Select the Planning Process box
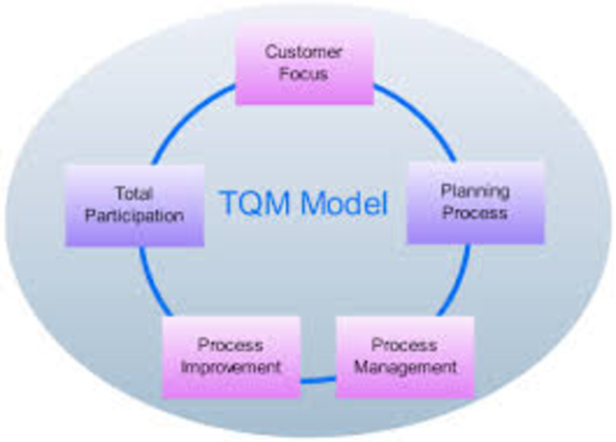475,201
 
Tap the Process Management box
405,356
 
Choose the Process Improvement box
231,356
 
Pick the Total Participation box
134,205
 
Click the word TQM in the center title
254,204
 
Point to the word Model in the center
341,204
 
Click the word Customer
303,51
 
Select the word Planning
475,191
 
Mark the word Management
405,368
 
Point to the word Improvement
231,368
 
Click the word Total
134,194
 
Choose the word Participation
134,216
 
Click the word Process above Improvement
231,345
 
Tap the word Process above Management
405,345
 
